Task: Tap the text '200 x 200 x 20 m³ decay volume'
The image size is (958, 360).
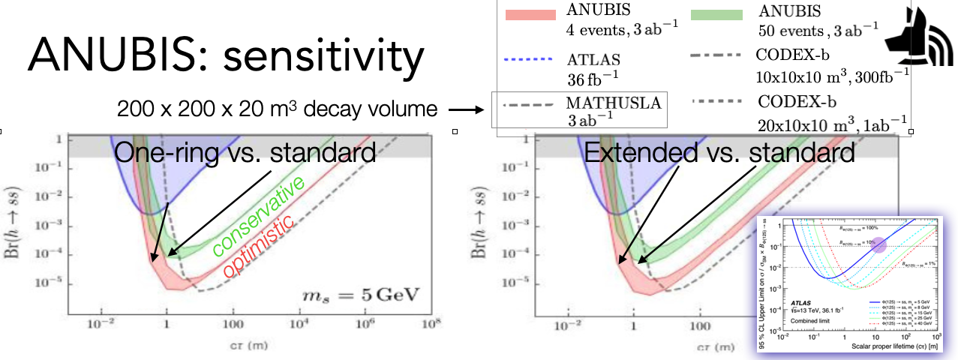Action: coord(277,110)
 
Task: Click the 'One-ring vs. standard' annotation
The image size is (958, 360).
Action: coord(245,153)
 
